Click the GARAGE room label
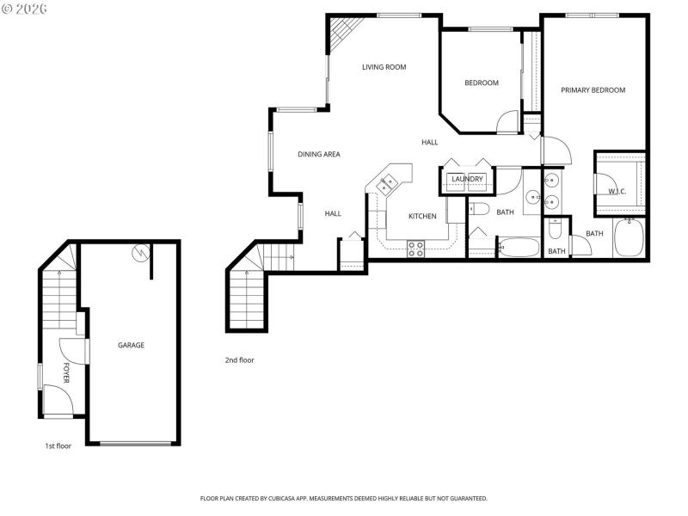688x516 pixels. point(131,345)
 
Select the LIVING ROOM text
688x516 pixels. point(384,66)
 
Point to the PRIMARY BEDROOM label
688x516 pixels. point(593,90)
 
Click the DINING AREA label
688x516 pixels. point(319,155)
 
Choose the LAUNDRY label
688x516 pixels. point(467,179)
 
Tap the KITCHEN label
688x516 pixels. point(422,216)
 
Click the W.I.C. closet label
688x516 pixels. point(617,191)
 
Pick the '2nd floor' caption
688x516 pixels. point(239,360)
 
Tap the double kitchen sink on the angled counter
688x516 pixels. point(385,182)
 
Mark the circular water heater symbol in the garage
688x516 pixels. point(141,253)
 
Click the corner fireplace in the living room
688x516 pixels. point(344,34)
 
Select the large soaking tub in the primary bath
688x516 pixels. point(632,238)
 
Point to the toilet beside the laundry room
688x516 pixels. point(479,209)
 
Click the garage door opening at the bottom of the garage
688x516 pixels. point(136,443)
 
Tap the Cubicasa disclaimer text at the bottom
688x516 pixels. point(344,498)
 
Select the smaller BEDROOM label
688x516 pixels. point(482,83)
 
